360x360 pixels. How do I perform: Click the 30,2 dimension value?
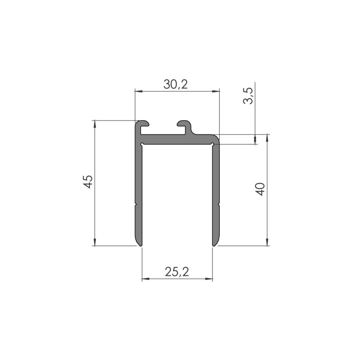coord(175,84)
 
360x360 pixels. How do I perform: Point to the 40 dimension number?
coord(260,189)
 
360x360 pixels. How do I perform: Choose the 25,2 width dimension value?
coord(176,271)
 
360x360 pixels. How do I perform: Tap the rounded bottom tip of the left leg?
coord(139,243)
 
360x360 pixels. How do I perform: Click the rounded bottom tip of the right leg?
coord(216,243)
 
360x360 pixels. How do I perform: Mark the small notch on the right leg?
coord(219,205)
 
